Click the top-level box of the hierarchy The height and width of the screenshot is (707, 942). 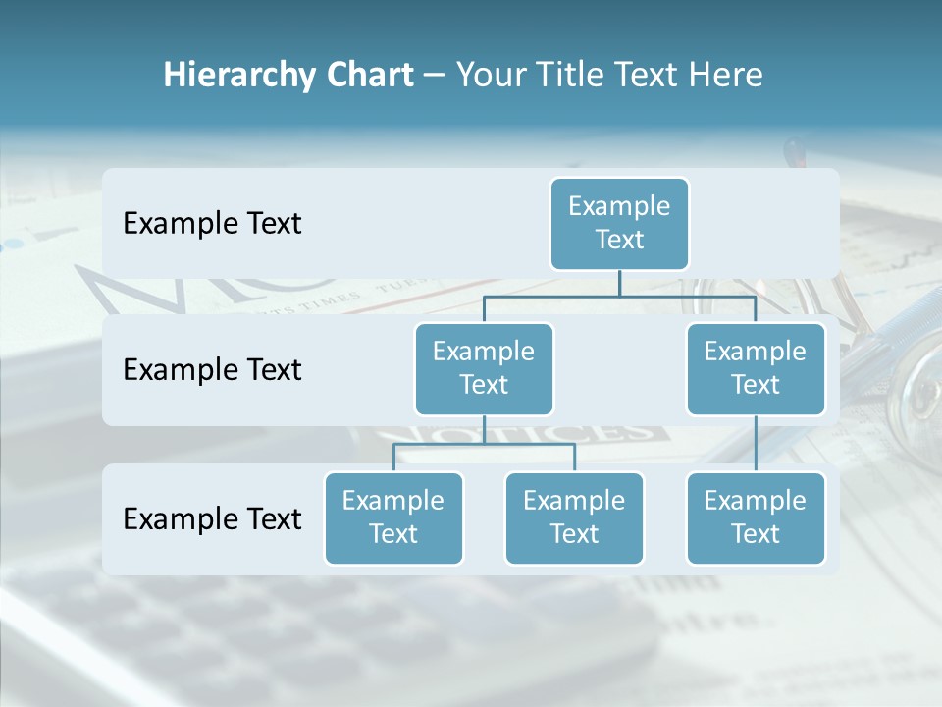pyautogui.click(x=619, y=223)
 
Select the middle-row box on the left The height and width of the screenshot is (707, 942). pyautogui.click(x=484, y=368)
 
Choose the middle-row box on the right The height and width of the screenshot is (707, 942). pyautogui.click(x=756, y=368)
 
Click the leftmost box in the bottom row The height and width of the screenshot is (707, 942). pyautogui.click(x=393, y=517)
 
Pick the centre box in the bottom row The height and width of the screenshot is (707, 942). pyautogui.click(x=574, y=517)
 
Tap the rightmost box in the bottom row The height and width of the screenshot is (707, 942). pyautogui.click(x=756, y=517)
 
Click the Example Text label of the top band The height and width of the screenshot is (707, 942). pyautogui.click(x=212, y=223)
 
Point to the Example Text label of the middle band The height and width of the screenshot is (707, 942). pyautogui.click(x=212, y=369)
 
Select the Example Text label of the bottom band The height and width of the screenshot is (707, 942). pyautogui.click(x=212, y=518)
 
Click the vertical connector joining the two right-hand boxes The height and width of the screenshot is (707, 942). pyautogui.click(x=756, y=443)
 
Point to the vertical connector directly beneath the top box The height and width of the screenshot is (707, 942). pyautogui.click(x=619, y=282)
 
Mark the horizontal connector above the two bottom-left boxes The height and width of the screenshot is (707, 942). pyautogui.click(x=484, y=444)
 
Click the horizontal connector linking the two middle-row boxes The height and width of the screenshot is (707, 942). pyautogui.click(x=619, y=295)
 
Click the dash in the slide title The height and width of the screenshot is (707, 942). pyautogui.click(x=434, y=76)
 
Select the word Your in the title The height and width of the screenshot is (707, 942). pyautogui.click(x=490, y=76)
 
